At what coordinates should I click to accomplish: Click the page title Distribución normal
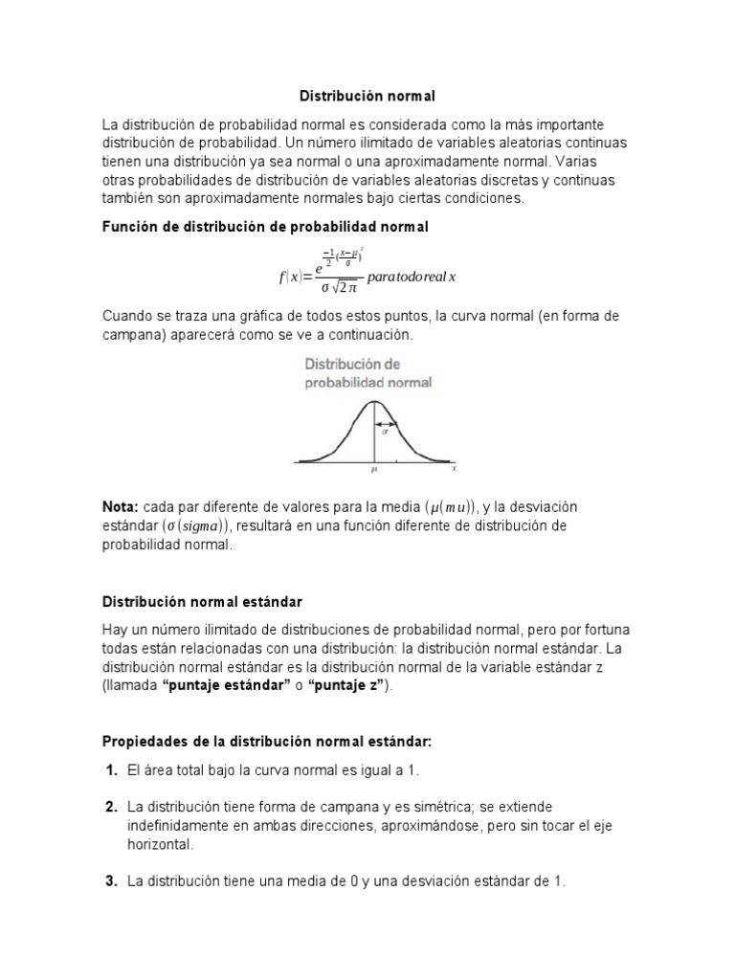click(x=367, y=97)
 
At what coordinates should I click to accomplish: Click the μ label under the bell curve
click(x=374, y=470)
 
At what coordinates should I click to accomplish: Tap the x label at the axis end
click(x=454, y=469)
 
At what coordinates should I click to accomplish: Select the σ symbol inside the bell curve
click(x=385, y=432)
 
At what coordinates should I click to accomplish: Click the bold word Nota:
click(x=121, y=506)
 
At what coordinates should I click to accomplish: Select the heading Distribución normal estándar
click(x=202, y=601)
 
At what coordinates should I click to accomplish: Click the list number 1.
click(x=111, y=770)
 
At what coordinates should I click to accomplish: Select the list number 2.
click(x=111, y=807)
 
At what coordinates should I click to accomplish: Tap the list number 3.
click(x=111, y=881)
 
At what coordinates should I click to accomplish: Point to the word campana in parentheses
click(x=131, y=335)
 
